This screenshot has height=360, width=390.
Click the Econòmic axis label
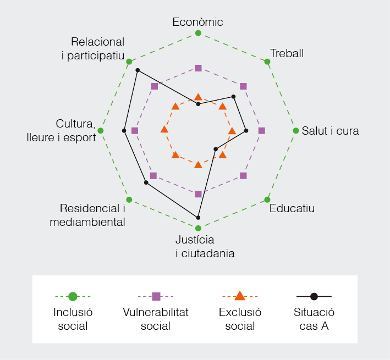[197, 22]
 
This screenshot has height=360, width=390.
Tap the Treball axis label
[287, 53]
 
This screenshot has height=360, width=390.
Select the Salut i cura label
[330, 131]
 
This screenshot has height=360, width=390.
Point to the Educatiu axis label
[292, 208]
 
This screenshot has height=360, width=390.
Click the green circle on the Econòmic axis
[198, 33]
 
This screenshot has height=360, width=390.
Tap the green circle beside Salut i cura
[296, 131]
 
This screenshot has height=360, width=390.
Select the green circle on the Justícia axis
[198, 228]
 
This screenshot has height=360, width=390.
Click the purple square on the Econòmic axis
[198, 68]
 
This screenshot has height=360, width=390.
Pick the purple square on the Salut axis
[262, 131]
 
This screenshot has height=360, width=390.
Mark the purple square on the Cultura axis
[135, 131]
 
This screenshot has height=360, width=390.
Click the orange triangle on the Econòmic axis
[198, 97]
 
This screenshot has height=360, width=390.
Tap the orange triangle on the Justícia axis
[198, 164]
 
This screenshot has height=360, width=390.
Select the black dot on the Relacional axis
[138, 70]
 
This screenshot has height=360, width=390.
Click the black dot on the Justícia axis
[198, 218]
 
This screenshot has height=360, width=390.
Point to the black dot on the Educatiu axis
[216, 149]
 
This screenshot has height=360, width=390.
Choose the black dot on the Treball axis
[233, 96]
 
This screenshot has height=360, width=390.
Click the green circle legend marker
[73, 296]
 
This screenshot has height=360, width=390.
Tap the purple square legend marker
[156, 296]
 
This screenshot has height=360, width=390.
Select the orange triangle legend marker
[240, 296]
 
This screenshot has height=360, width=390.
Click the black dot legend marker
[314, 296]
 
